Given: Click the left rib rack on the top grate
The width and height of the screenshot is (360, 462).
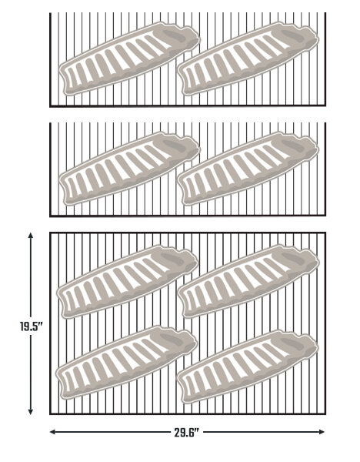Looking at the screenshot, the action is tap(129, 59).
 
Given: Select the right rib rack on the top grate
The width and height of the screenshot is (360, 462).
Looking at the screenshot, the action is tap(248, 59).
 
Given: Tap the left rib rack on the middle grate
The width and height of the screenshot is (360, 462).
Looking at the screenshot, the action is tap(129, 168).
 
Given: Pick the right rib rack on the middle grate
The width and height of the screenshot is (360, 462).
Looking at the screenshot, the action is tap(248, 168).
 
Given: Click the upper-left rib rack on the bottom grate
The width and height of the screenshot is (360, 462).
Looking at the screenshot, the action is tap(128, 282).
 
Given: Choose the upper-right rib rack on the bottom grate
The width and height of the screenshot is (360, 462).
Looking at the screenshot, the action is tap(248, 282).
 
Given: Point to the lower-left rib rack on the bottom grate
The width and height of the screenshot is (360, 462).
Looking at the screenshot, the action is tap(127, 363).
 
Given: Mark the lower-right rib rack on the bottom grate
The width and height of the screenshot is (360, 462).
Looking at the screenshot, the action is tap(248, 367).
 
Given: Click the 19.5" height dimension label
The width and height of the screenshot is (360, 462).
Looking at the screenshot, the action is tap(32, 326).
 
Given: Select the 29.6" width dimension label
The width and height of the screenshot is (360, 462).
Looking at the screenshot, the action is tap(187, 433).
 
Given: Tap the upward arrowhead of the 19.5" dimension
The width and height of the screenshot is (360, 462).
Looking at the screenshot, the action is tap(30, 235).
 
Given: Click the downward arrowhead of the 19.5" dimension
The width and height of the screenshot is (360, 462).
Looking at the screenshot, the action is tap(30, 412).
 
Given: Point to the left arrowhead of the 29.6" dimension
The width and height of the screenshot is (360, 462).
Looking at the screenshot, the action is tap(53, 432).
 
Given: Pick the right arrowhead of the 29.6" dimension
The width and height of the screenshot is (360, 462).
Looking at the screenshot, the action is tap(322, 432).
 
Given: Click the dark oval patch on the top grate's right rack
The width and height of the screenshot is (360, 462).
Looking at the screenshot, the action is tap(292, 35).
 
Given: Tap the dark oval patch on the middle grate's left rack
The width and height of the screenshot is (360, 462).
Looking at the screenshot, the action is tap(175, 146).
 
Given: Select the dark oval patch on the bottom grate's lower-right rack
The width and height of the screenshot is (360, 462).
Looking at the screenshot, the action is tap(292, 343).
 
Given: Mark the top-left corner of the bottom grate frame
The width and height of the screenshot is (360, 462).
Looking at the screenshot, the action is tap(50, 233).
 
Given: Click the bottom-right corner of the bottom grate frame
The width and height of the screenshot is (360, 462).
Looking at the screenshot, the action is tap(325, 414).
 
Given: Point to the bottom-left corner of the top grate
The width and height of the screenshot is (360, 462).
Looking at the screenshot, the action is tap(50, 105).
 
